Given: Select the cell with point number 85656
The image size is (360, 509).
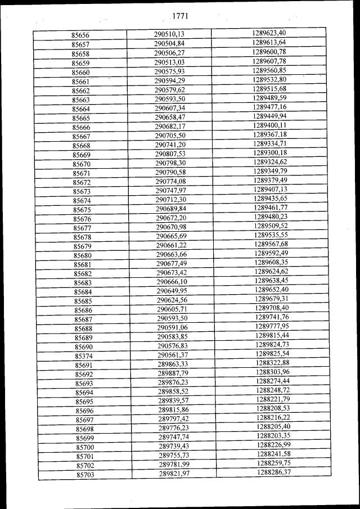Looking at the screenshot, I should (x=81, y=35).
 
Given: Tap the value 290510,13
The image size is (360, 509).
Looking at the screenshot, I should (x=169, y=34).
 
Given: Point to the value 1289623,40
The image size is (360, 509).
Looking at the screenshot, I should (x=269, y=33).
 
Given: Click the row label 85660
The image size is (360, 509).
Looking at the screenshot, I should (x=81, y=73).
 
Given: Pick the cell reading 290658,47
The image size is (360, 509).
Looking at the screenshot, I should (x=170, y=116).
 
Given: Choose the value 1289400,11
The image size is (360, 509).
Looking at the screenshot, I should (x=269, y=125).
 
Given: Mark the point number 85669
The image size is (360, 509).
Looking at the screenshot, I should (x=82, y=155).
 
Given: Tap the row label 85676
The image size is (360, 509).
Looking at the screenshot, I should (x=82, y=219).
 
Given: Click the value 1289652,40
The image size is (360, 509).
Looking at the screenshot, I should (x=271, y=289).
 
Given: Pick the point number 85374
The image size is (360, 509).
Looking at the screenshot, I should (x=84, y=356).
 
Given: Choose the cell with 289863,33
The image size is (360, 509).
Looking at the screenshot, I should (x=173, y=364).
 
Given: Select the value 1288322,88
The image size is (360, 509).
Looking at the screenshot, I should (x=272, y=363).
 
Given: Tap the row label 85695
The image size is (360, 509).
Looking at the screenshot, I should (x=84, y=402).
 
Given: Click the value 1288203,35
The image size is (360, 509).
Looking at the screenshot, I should (x=273, y=435).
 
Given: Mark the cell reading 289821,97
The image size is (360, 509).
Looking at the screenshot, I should (x=174, y=474).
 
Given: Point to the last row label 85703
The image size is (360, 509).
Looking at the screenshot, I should (x=85, y=475).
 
